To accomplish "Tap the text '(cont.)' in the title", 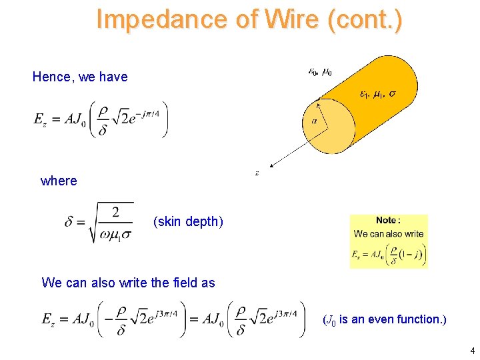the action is (x=363, y=19).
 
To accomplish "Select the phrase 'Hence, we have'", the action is (x=80, y=77).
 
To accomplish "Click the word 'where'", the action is (x=59, y=181).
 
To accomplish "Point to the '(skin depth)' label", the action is (x=188, y=221).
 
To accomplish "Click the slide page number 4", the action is (x=471, y=351).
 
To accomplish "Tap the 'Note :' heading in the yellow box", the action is (x=388, y=221).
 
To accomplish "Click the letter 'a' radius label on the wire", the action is (x=314, y=121).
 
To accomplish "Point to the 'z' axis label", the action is (x=257, y=173).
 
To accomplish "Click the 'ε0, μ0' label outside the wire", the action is (x=319, y=71).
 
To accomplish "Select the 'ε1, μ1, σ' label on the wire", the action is (x=377, y=94).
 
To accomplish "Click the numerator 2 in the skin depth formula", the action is (x=115, y=213).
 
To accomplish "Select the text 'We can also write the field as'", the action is (x=128, y=283).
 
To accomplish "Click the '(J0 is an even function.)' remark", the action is (x=385, y=319).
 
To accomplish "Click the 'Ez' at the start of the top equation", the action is (x=40, y=119).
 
